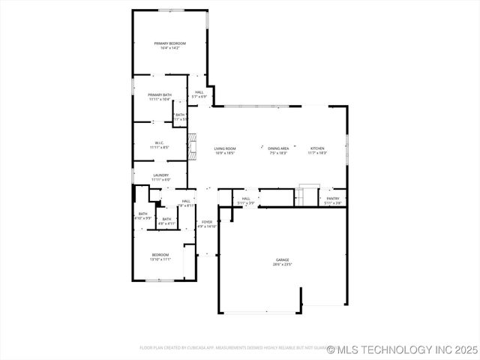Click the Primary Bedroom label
pyautogui.click(x=169, y=43)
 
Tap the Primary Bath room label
pyautogui.click(x=159, y=95)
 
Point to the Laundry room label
pyautogui.click(x=160, y=175)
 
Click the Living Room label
pyautogui.click(x=225, y=148)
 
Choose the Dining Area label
pyautogui.click(x=279, y=148)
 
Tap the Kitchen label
pyautogui.click(x=318, y=148)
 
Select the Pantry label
pyautogui.click(x=333, y=199)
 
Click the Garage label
pyautogui.click(x=282, y=259)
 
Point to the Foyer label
pyautogui.click(x=207, y=222)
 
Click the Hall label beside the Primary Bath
pyautogui.click(x=199, y=92)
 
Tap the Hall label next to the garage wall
pyautogui.click(x=246, y=199)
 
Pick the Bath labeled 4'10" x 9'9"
pyautogui.click(x=142, y=214)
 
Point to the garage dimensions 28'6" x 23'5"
pyautogui.click(x=282, y=265)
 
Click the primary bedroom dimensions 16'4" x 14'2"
pyautogui.click(x=169, y=48)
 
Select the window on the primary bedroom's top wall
pyautogui.click(x=169, y=10)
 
